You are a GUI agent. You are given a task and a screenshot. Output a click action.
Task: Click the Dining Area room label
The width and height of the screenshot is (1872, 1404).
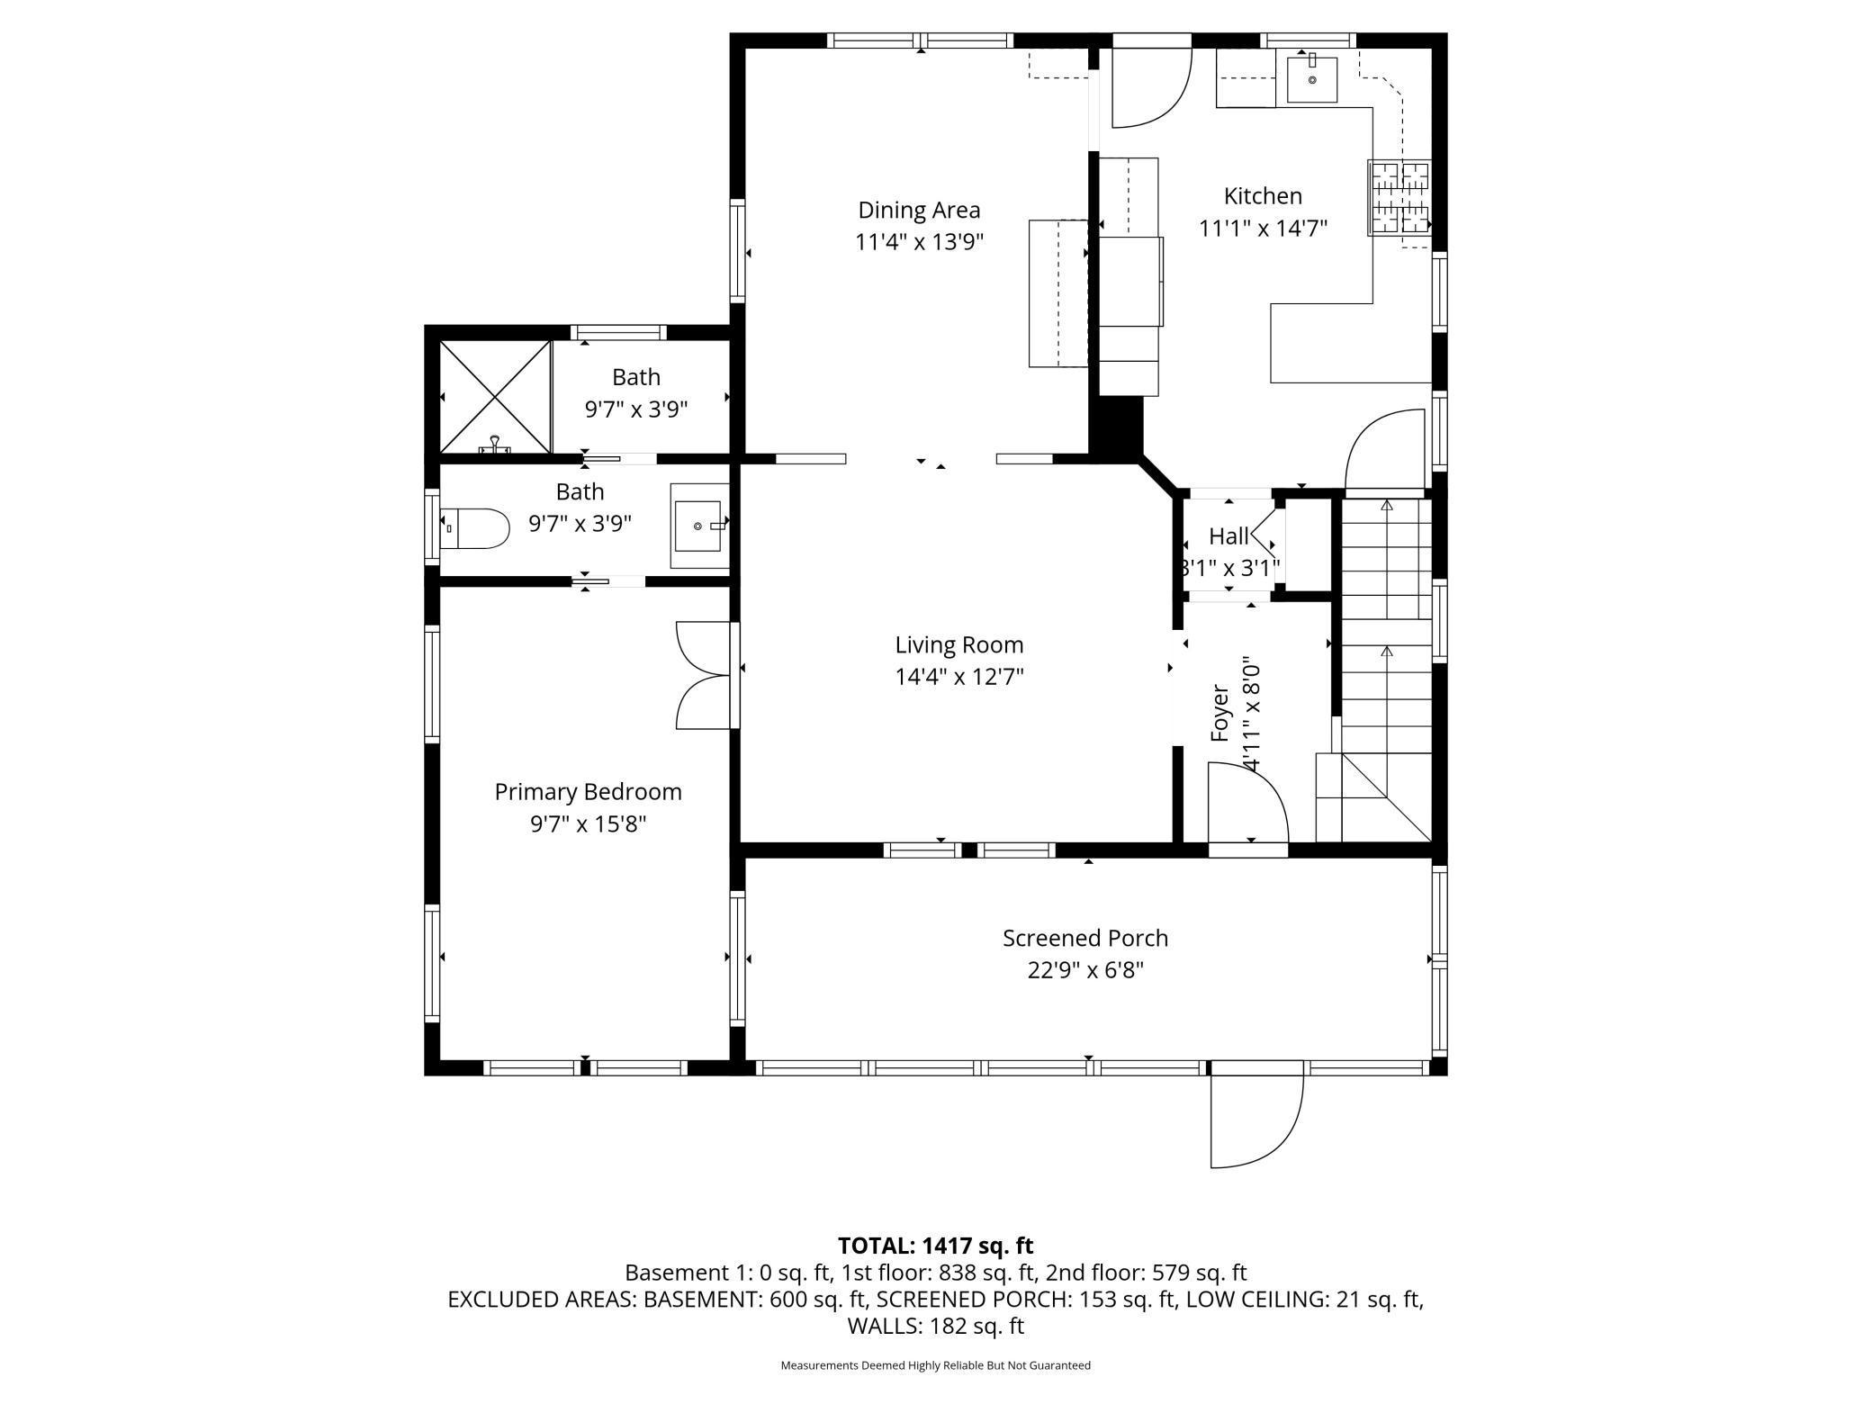[919, 210]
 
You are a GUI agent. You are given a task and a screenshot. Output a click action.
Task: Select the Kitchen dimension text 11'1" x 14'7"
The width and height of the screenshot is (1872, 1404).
[1263, 229]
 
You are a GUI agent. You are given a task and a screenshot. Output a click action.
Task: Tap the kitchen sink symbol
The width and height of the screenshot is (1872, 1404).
[1311, 79]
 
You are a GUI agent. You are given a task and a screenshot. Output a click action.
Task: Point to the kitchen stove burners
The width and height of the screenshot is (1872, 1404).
[1399, 198]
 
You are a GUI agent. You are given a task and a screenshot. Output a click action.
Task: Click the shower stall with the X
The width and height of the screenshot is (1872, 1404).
[494, 396]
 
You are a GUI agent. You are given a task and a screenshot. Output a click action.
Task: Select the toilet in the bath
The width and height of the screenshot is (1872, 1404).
[475, 529]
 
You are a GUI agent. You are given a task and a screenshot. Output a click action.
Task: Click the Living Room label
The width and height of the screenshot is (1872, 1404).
[958, 644]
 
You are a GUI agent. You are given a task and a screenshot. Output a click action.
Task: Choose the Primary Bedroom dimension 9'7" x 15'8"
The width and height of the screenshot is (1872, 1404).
[588, 823]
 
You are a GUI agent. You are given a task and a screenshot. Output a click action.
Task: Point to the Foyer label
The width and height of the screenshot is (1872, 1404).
[1219, 714]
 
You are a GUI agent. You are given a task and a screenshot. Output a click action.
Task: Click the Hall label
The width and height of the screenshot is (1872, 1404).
[1228, 536]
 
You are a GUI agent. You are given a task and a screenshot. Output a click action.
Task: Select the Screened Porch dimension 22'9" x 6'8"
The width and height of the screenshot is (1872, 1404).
[1085, 970]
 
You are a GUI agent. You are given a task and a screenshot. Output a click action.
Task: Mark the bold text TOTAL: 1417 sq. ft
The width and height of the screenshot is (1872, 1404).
[935, 1246]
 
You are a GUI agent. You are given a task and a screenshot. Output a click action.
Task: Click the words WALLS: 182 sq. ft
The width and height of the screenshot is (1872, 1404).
[935, 1326]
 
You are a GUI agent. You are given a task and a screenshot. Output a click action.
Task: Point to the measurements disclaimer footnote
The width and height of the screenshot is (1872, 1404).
[935, 1365]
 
